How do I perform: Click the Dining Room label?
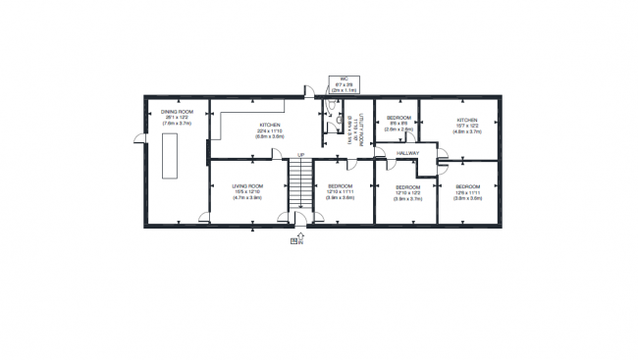pyautogui.click(x=177, y=112)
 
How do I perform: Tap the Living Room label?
pyautogui.click(x=247, y=185)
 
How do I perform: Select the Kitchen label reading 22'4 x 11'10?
pyautogui.click(x=269, y=126)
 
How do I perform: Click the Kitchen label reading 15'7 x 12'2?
pyautogui.click(x=466, y=121)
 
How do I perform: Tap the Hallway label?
pyautogui.click(x=408, y=154)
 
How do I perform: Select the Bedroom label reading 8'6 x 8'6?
pyautogui.click(x=399, y=118)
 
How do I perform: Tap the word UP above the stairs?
pyautogui.click(x=300, y=155)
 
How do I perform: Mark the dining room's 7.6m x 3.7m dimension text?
pyautogui.click(x=177, y=125)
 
